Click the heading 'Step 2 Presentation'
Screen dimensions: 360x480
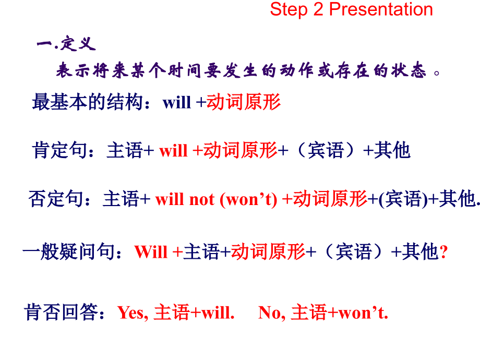(351, 9)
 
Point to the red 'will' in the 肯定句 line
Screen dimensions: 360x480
(173, 151)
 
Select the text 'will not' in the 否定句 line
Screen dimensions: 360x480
(185, 200)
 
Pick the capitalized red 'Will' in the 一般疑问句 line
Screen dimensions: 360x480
(151, 253)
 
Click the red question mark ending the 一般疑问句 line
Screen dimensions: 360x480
(444, 253)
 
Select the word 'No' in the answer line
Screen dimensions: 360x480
(269, 313)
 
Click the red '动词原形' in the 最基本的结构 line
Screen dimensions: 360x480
(244, 102)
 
